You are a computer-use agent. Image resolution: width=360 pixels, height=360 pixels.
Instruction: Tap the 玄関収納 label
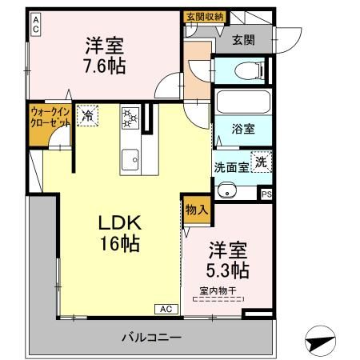point(204,16)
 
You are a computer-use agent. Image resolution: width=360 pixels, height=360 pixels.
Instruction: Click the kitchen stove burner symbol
point(130,118)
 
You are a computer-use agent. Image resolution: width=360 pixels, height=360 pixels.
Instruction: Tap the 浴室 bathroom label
point(242,126)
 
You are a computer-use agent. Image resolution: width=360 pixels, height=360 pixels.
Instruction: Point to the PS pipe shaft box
point(266,192)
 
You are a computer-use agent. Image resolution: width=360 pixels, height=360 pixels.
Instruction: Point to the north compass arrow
point(320,342)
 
